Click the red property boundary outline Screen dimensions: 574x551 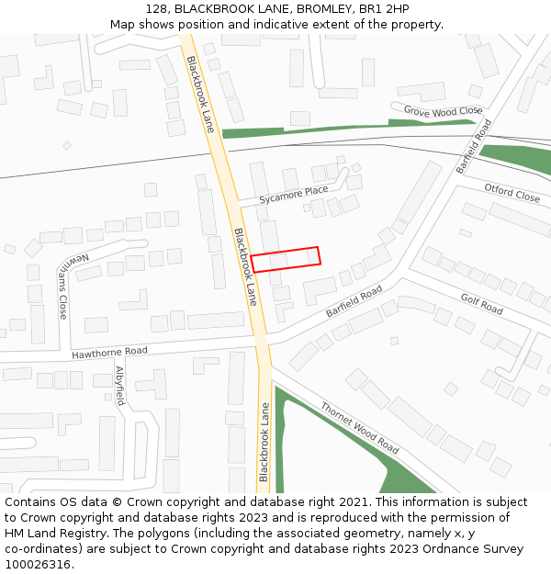pos(286,259)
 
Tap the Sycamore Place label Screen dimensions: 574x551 pos(293,195)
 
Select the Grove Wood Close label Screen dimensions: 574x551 pos(443,111)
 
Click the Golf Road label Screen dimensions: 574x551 pos(481,304)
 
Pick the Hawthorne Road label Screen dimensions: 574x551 pos(109,352)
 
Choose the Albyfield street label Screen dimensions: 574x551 pos(119,386)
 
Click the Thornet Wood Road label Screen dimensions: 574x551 pos(359,428)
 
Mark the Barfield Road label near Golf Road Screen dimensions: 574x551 pos(354,302)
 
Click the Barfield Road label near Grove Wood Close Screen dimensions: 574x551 pos(474,146)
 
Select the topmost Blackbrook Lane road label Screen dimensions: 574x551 pos(200,95)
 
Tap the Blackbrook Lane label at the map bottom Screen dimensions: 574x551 pos(264,443)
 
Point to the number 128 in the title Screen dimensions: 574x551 pos(155,9)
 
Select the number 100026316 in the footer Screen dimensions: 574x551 pos(38,565)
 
